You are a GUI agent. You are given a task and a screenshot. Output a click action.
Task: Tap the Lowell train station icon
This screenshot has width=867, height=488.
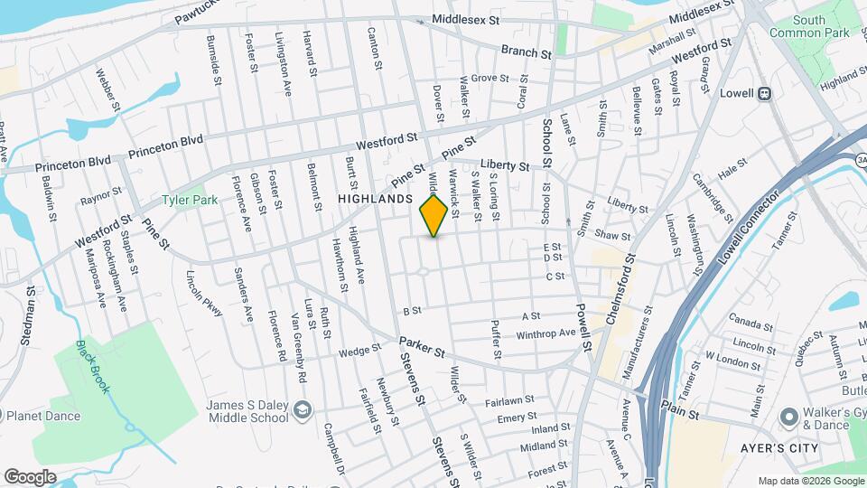[764, 92]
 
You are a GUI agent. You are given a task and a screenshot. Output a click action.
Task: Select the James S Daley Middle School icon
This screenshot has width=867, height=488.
[303, 411]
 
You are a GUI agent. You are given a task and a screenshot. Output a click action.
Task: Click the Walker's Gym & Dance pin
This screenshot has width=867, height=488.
[788, 417]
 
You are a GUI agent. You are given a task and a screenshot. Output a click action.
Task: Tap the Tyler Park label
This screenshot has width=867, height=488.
[190, 200]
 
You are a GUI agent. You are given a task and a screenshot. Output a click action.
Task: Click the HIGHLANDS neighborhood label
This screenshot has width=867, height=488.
[375, 198]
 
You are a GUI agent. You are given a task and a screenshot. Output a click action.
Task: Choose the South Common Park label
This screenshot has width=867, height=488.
[810, 26]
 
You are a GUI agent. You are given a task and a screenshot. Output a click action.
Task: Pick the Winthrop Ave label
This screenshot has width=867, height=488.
[545, 333]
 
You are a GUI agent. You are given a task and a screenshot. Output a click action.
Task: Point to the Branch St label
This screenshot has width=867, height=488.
[526, 53]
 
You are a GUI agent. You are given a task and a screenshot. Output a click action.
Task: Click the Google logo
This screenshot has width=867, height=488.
[30, 476]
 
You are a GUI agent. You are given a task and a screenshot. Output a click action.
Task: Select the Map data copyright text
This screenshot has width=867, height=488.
[809, 480]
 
